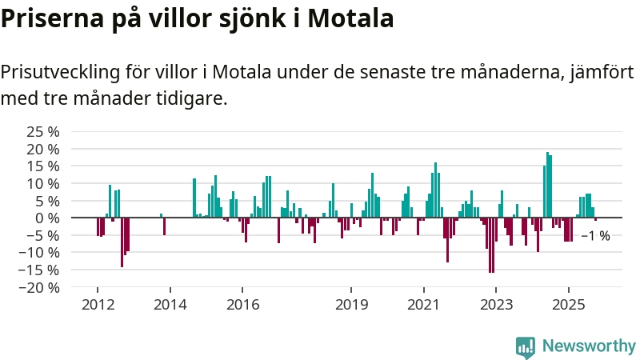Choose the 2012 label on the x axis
pyautogui.click(x=97, y=305)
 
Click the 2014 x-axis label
pyautogui.click(x=170, y=305)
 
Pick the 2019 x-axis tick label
pyautogui.click(x=350, y=305)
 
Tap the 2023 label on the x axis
pyautogui.click(x=496, y=305)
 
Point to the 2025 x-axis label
pyautogui.click(x=568, y=305)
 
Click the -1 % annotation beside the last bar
pyautogui.click(x=595, y=236)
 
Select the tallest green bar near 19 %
pyautogui.click(x=547, y=185)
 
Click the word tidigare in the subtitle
pyautogui.click(x=194, y=99)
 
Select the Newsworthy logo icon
pyautogui.click(x=526, y=346)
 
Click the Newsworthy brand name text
pyautogui.click(x=589, y=346)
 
